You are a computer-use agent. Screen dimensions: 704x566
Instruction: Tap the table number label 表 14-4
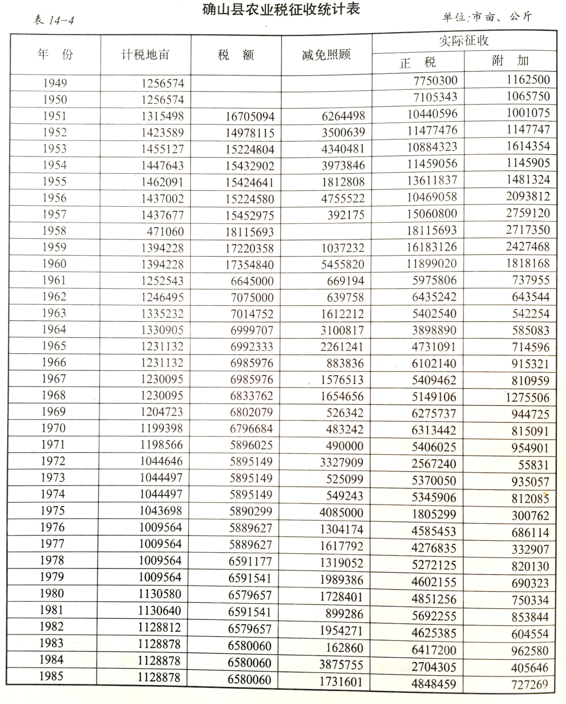click(53, 21)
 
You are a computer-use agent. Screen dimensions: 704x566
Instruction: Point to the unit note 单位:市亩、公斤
click(487, 17)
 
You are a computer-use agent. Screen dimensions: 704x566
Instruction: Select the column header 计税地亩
click(145, 55)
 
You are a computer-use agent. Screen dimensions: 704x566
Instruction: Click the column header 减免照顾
click(326, 55)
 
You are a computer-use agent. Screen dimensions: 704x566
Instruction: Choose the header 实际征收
click(464, 41)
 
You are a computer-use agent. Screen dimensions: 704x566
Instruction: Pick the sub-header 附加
click(510, 61)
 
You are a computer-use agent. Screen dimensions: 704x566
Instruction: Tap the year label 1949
click(55, 83)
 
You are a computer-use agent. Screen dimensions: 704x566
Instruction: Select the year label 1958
click(55, 231)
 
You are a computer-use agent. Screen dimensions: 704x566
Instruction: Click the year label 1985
click(52, 676)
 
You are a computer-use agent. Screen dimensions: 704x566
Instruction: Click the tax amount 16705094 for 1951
click(250, 116)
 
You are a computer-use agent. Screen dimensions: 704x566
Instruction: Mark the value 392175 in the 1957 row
click(346, 215)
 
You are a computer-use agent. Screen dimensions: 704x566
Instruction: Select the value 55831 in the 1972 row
click(533, 465)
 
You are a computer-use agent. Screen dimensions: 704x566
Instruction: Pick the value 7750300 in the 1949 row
click(435, 80)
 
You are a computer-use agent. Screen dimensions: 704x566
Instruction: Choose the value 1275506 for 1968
click(527, 398)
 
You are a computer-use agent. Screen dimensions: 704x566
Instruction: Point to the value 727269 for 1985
click(530, 684)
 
